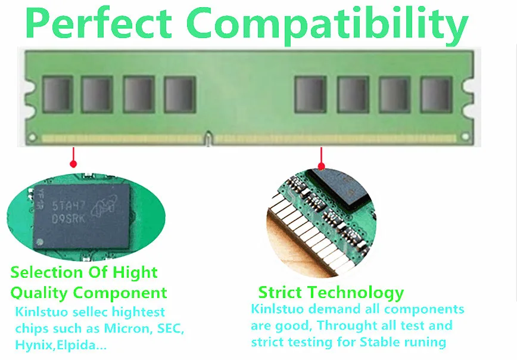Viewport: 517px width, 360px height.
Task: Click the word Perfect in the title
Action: (98, 23)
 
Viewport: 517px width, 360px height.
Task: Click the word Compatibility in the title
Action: (327, 25)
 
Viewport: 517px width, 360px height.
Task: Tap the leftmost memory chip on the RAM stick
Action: (58, 95)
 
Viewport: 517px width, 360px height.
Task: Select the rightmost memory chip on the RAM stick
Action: (436, 95)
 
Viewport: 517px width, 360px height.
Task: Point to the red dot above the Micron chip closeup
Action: (73, 164)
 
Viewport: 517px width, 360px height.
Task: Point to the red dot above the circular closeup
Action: (322, 166)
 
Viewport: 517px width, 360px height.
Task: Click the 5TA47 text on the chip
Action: (68, 206)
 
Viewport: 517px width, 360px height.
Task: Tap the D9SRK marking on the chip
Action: (69, 218)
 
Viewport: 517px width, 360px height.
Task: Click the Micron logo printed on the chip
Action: (104, 206)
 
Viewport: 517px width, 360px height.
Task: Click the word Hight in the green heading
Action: (135, 273)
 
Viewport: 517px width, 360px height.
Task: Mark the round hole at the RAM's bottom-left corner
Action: (32, 137)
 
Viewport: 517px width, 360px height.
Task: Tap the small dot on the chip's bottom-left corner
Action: (39, 242)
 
